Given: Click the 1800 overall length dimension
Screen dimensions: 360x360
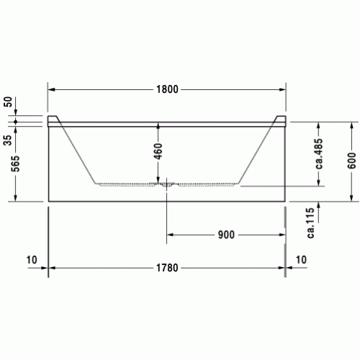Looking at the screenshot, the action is coord(167,89).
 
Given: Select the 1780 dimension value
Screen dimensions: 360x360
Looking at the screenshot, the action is coord(167,268).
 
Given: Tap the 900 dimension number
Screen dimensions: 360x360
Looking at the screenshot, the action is coord(226,235).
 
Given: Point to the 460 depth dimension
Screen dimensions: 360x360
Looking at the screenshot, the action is coord(158,151).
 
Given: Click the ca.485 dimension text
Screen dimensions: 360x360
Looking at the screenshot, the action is coord(319,153).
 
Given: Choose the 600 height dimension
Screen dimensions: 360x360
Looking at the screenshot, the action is coord(351,161).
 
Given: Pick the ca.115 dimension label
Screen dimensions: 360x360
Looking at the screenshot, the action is coord(310,222).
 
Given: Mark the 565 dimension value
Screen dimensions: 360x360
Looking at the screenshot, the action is coord(16,163).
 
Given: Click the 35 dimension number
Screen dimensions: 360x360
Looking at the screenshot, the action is coord(8,140).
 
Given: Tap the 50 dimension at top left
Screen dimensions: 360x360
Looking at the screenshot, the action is coord(8,102).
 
